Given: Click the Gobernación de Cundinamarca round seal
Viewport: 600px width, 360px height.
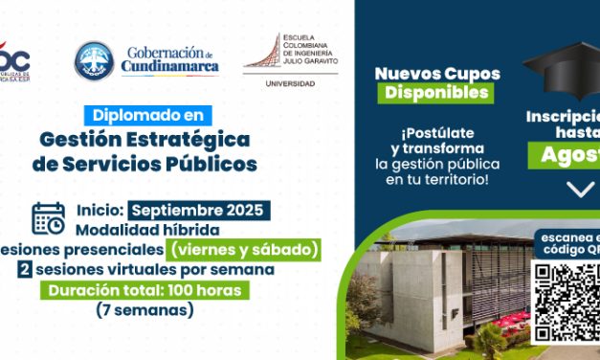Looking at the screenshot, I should (x=94, y=59).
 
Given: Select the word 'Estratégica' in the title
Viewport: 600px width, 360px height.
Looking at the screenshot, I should (x=181, y=139).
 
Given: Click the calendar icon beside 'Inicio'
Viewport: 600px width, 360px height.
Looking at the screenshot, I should (x=48, y=218).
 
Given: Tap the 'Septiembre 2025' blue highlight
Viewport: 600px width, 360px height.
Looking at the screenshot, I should (x=200, y=210).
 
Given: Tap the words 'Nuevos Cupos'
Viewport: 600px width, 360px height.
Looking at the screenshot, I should (x=433, y=73).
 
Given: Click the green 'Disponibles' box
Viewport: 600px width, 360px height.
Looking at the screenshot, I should (x=434, y=93).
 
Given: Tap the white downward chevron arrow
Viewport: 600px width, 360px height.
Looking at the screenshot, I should (x=580, y=189).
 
